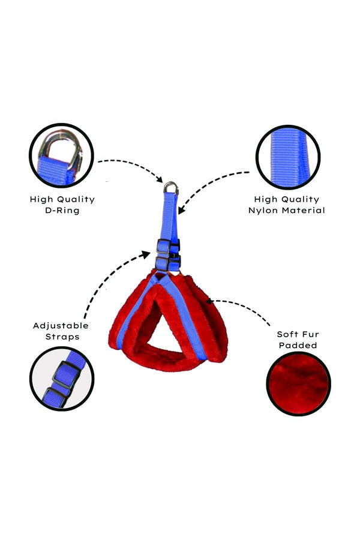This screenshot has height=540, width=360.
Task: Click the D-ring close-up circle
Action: [x=61, y=155]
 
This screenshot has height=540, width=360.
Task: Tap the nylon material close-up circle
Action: [x=288, y=157]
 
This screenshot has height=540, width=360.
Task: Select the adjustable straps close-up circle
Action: [x=62, y=379]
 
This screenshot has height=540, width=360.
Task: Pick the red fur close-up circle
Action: [x=298, y=383]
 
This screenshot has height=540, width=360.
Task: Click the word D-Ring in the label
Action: [x=62, y=211]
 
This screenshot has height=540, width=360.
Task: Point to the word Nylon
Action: [x=263, y=211]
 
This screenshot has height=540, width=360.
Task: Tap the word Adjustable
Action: [x=61, y=326]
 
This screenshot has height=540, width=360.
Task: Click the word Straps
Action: [x=62, y=337]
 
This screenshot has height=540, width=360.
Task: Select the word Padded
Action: [x=298, y=346]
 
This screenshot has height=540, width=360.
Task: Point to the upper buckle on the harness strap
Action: [x=167, y=246]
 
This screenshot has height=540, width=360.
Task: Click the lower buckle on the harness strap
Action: [x=167, y=263]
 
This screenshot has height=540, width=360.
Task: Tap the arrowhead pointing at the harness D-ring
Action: [x=159, y=179]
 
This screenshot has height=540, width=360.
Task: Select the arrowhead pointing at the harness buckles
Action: [x=146, y=255]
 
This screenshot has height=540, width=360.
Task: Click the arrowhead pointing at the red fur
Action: [x=209, y=302]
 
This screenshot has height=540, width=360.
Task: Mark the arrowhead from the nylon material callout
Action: [x=181, y=210]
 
